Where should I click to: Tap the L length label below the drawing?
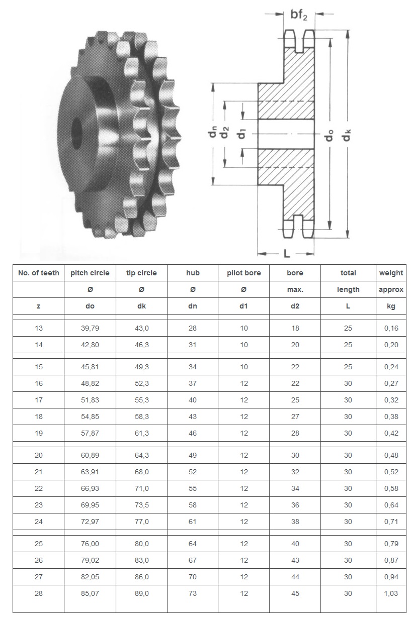point(286,254)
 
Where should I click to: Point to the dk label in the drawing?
point(347,134)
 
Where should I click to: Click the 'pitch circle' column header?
point(90,273)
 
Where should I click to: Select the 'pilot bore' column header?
point(244,273)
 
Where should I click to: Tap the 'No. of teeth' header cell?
point(39,273)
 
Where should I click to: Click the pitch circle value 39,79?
point(90,328)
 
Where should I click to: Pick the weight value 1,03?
point(391,593)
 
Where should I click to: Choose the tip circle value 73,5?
point(141,505)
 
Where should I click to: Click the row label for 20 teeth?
point(39,455)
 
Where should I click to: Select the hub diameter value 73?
point(193,593)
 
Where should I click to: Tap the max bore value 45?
point(295,593)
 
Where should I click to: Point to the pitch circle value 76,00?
point(90,544)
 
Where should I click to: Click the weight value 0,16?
point(391,328)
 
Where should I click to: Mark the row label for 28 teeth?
point(39,593)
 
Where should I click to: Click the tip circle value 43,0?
point(141,328)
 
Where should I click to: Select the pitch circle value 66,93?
point(90,488)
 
